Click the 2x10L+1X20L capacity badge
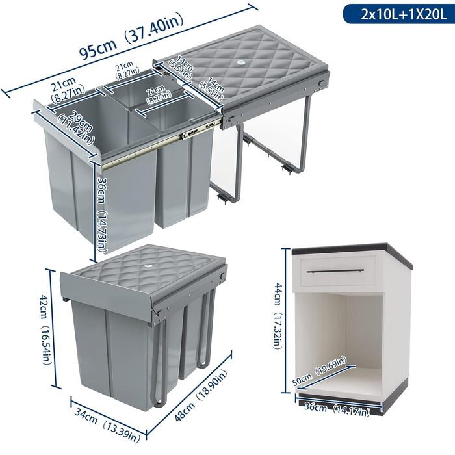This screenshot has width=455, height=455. (x=399, y=14)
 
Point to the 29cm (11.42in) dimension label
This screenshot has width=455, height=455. (x=77, y=127)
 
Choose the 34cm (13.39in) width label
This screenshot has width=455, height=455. (x=107, y=424)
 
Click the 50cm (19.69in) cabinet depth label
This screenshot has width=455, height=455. (x=318, y=371)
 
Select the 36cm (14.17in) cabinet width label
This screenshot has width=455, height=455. (x=337, y=409)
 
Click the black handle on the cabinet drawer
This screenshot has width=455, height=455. (x=335, y=271)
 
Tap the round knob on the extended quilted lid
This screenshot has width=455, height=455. (x=240, y=62)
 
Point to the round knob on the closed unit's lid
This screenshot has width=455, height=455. (x=149, y=265)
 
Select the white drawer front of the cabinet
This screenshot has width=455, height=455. (x=337, y=271)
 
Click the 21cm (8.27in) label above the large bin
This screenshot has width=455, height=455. (x=68, y=90)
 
